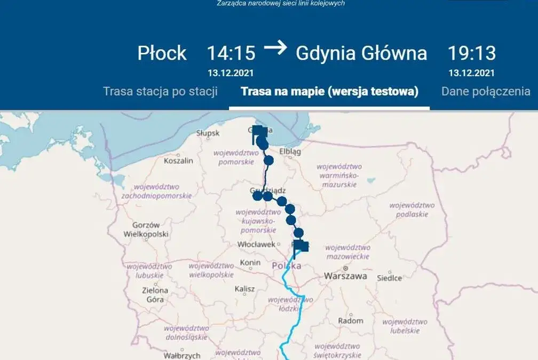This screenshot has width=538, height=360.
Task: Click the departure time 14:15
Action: pyautogui.click(x=231, y=53)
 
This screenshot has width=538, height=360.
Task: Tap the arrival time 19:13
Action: pyautogui.click(x=471, y=53)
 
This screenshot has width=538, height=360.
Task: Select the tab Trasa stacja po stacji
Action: pyautogui.click(x=160, y=91)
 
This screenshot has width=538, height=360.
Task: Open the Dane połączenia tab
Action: pyautogui.click(x=486, y=91)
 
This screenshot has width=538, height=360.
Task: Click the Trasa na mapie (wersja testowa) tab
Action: pyautogui.click(x=329, y=91)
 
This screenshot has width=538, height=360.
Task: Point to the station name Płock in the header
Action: pyautogui.click(x=162, y=53)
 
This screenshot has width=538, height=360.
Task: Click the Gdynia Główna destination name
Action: pyautogui.click(x=361, y=53)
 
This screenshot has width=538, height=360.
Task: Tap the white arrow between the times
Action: pyautogui.click(x=275, y=48)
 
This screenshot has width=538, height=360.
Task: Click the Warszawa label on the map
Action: pyautogui.click(x=346, y=276)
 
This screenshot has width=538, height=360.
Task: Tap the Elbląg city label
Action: pyautogui.click(x=290, y=151)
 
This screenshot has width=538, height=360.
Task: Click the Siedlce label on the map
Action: pyautogui.click(x=390, y=278)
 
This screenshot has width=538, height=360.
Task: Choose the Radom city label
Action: pyautogui.click(x=351, y=321)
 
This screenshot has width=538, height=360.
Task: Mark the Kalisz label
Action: pyautogui.click(x=246, y=289)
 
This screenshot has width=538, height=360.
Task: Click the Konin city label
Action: pyautogui.click(x=250, y=263)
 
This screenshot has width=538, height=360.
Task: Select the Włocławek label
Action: pyautogui.click(x=257, y=245)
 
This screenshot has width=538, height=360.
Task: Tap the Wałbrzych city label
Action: pyautogui.click(x=181, y=355)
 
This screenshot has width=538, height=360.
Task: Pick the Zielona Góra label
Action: pyautogui.click(x=154, y=295)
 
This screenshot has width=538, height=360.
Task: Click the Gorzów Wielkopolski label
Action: pyautogui.click(x=146, y=229)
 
